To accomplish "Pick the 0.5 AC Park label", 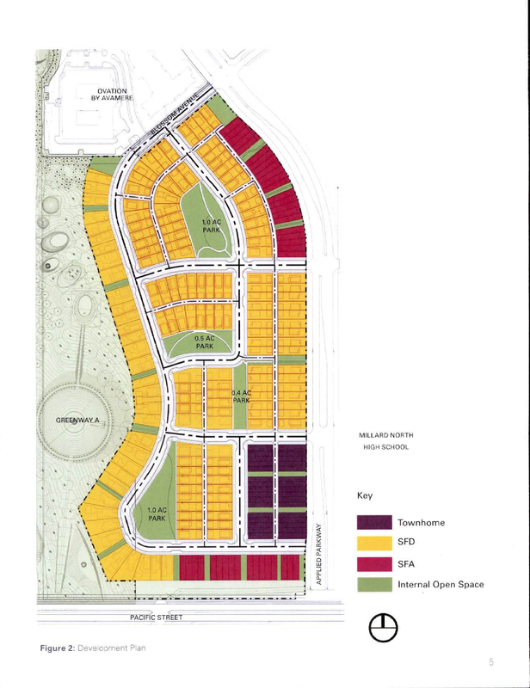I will pos(205,342).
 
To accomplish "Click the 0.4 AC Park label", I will pos(241,396).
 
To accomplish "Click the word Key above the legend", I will pos(363,497).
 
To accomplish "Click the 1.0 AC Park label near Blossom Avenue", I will pos(212,226).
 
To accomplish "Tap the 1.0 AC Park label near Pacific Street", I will pos(157,514).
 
